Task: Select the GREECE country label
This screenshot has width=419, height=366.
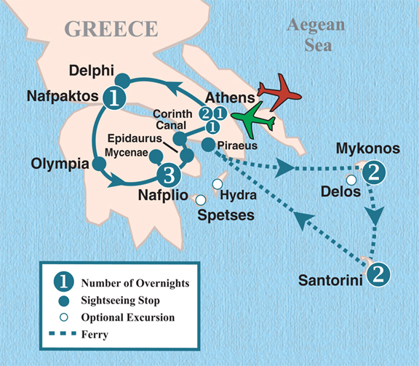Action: pyautogui.click(x=111, y=28)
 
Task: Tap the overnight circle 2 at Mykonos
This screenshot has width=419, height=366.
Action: pyautogui.click(x=373, y=173)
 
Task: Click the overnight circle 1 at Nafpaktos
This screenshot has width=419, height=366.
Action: pyautogui.click(x=113, y=95)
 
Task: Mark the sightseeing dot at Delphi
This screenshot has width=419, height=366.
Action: pyautogui.click(x=123, y=79)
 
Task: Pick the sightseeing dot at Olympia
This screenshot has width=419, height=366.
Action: pyautogui.click(x=99, y=164)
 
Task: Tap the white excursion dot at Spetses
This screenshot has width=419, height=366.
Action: pyautogui.click(x=201, y=199)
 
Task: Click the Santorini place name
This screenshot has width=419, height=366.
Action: pyautogui.click(x=331, y=280)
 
